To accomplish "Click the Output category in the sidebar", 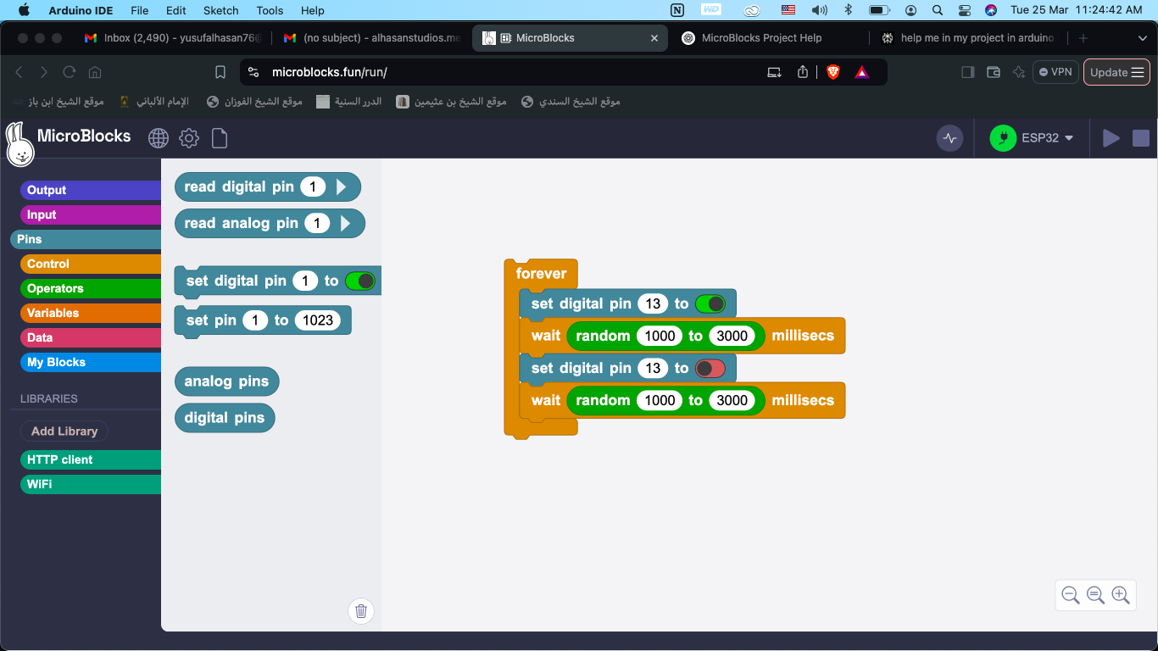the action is pos(91,190).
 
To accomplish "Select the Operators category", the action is pos(91,288).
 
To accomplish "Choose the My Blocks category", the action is pos(91,362).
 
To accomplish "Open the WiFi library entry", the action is pos(91,484).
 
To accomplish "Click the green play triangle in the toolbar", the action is pos(1111,138).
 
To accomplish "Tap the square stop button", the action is pos(1141,138).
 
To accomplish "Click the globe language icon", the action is pos(159,138).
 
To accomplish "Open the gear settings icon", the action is pos(189,138).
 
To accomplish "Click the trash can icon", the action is pos(361,610).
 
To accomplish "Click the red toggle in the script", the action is pos(710,368).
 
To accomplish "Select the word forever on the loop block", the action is pos(541,273).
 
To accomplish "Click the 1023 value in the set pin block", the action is pos(317,320).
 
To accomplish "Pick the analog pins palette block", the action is pos(226,381).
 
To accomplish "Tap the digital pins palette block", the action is pos(225,417).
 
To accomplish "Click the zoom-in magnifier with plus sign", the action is pos(1120,595).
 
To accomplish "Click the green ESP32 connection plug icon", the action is pos(1003,138).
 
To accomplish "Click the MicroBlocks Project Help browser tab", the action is pos(761,38).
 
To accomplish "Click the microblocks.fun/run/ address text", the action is pos(329,72).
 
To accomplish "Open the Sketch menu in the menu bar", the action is pos(220,10).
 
